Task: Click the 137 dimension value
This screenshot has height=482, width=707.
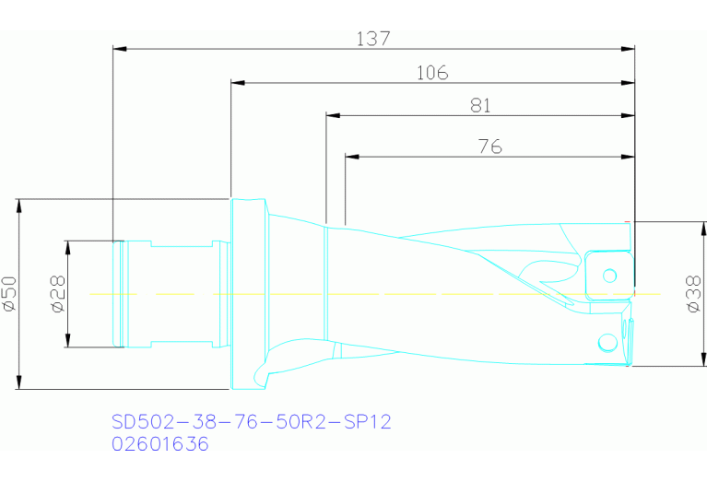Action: pyautogui.click(x=372, y=39)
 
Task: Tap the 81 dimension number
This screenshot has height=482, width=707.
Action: pyautogui.click(x=479, y=107)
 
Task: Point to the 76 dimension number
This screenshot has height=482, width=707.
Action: pyautogui.click(x=489, y=147)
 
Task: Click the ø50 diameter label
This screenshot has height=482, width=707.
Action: pyautogui.click(x=9, y=294)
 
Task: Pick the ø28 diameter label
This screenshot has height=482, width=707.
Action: pyautogui.click(x=56, y=294)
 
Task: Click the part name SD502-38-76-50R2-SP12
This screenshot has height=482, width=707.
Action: pyautogui.click(x=251, y=422)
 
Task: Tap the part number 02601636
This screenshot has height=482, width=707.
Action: pyautogui.click(x=159, y=444)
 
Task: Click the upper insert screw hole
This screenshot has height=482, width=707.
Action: pyautogui.click(x=608, y=275)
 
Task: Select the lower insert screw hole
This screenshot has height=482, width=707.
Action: pyautogui.click(x=607, y=343)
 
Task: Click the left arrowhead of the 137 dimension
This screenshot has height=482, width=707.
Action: pyautogui.click(x=118, y=49)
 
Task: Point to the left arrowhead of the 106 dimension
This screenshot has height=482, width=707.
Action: pyautogui.click(x=237, y=83)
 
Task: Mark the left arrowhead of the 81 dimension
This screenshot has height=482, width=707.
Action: pyautogui.click(x=333, y=116)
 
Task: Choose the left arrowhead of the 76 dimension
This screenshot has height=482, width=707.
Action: pyautogui.click(x=351, y=156)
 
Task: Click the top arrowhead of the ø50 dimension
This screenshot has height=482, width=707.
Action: pyautogui.click(x=19, y=204)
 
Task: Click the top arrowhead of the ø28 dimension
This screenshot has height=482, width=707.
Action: pyautogui.click(x=67, y=245)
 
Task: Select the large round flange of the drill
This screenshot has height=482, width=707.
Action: pyautogui.click(x=247, y=294)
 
